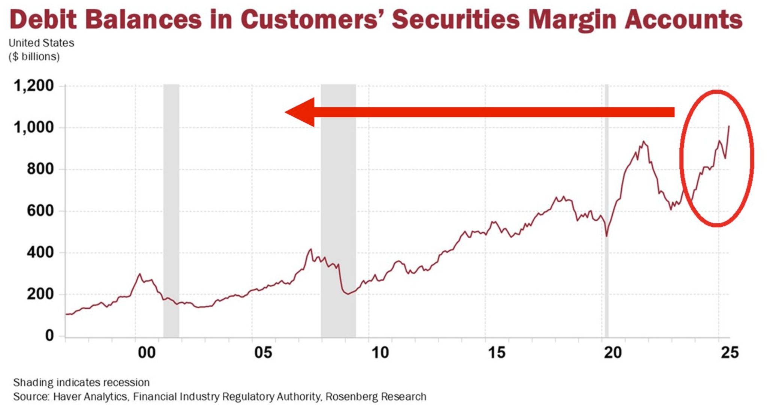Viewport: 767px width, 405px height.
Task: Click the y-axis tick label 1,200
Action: click(34, 86)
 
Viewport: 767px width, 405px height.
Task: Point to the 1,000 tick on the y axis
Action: click(34, 127)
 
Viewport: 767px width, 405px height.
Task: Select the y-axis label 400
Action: click(40, 252)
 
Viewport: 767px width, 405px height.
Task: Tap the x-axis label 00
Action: click(146, 353)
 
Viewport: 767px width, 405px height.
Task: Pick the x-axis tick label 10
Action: click(380, 353)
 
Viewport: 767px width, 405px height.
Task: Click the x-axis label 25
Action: click(730, 353)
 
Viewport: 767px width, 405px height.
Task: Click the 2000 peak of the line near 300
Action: click(140, 274)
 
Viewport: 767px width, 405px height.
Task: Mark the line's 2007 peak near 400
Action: click(310, 249)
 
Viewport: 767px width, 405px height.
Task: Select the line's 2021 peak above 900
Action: click(643, 142)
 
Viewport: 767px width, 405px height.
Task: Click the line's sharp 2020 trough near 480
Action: click(606, 236)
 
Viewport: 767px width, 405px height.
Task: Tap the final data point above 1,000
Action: click(729, 126)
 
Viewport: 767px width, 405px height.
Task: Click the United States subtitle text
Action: click(41, 43)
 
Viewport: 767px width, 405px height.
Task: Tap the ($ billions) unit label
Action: click(34, 57)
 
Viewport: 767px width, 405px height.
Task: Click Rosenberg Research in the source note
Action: click(376, 396)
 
